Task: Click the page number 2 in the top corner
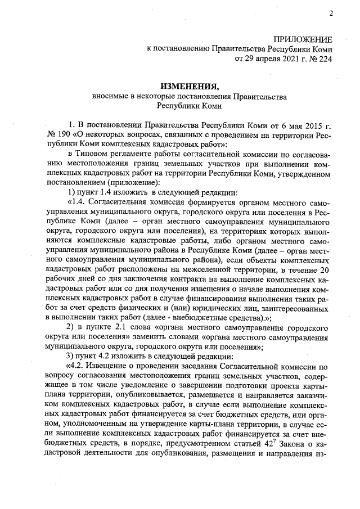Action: pos(331,13)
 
